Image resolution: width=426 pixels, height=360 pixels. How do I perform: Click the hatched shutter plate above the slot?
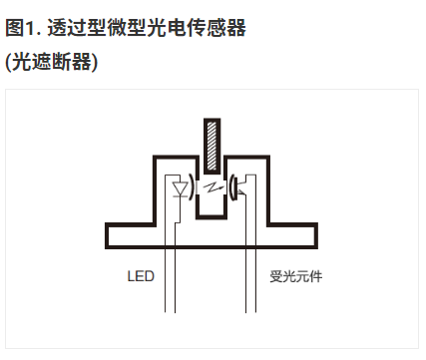(212, 146)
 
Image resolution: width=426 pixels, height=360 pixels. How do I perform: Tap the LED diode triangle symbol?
(182, 187)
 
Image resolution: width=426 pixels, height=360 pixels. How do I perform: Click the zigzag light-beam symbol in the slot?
(212, 187)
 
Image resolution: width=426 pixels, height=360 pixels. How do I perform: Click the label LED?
(141, 274)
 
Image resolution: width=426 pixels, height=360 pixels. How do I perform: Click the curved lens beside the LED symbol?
(192, 187)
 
